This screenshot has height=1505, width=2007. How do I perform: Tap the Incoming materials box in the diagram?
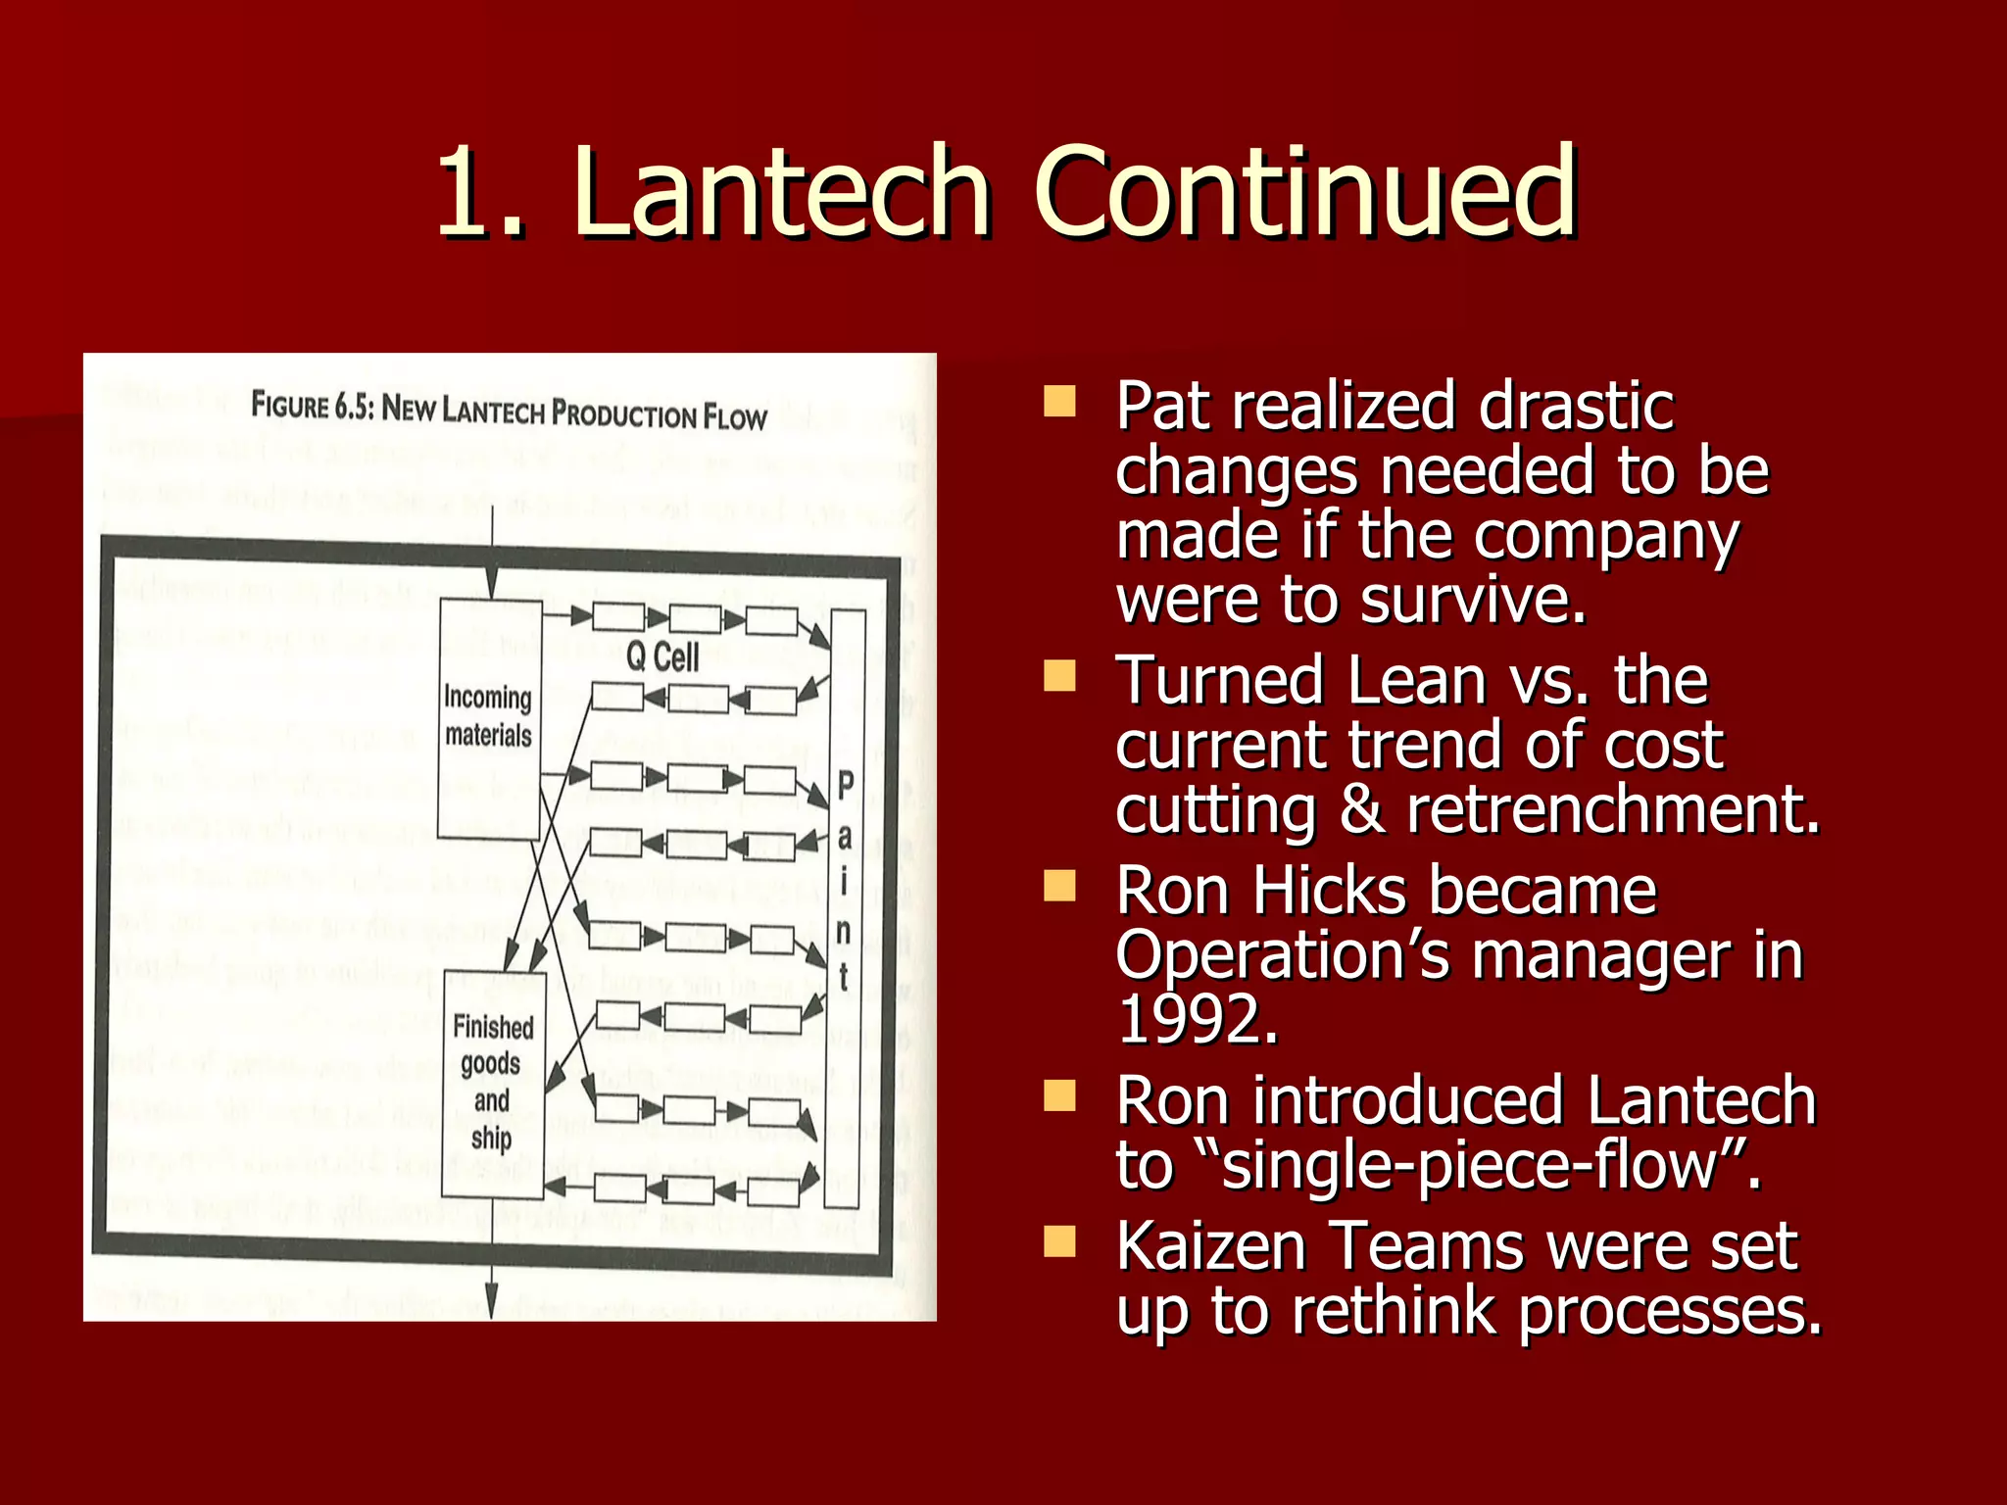tap(489, 717)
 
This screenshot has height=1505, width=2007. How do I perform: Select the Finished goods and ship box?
tap(493, 1083)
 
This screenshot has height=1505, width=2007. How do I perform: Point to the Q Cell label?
tap(662, 656)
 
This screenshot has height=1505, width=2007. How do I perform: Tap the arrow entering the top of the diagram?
tap(492, 549)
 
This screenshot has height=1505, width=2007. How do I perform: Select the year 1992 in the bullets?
tap(1198, 1020)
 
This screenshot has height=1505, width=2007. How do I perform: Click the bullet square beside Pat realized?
tap(1059, 401)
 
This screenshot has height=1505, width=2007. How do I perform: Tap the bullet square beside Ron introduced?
tap(1059, 1095)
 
